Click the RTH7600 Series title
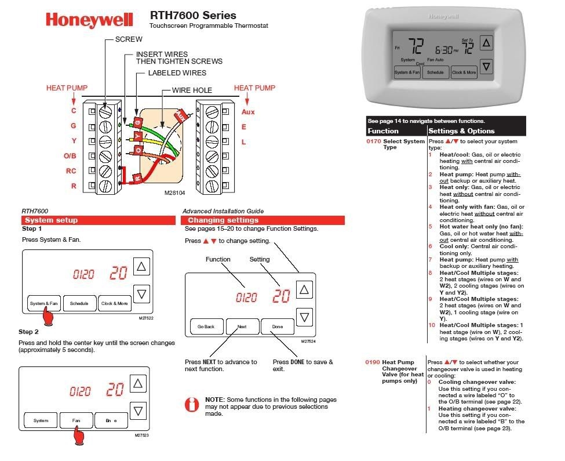(x=193, y=15)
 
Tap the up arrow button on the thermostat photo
(x=487, y=43)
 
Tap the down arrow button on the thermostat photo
(x=487, y=67)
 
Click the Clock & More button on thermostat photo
(x=464, y=72)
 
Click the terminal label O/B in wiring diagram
(x=70, y=156)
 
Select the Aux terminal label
(x=248, y=111)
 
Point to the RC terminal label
(x=71, y=171)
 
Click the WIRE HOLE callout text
(x=192, y=90)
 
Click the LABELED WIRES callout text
(x=177, y=74)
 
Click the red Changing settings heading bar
(x=264, y=220)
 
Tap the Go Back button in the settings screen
(x=206, y=326)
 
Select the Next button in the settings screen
(x=242, y=326)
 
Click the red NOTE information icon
(x=191, y=404)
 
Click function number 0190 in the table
(x=373, y=362)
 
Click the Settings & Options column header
(x=461, y=131)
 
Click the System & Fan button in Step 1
(x=44, y=303)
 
